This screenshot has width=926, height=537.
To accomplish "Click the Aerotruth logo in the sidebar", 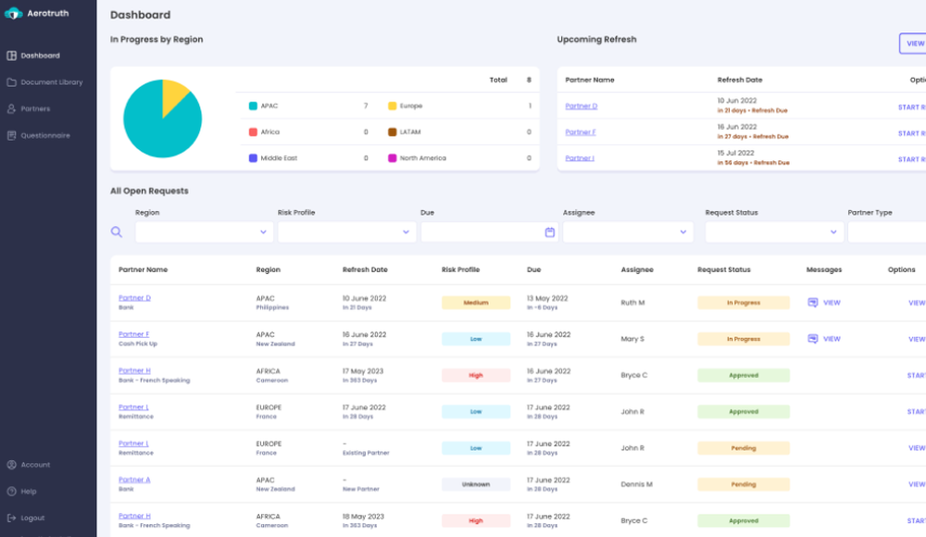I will pos(13,14).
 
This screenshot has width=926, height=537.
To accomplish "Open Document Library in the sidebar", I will pos(51,82).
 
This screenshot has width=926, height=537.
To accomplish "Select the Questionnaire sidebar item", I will pos(45,136).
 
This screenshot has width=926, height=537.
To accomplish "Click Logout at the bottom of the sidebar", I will pos(31,518).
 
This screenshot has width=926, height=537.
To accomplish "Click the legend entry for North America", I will pos(422,158).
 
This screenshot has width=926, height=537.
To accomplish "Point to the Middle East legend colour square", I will pos(253,158).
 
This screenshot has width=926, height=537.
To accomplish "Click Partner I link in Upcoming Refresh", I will pos(580,158).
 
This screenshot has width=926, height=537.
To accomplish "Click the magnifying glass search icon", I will pos(117,232).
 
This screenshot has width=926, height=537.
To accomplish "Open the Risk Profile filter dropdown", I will pos(345,232).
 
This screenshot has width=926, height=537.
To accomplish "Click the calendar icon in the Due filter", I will pos(549,232).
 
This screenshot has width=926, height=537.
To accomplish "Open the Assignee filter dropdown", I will pos(627,232).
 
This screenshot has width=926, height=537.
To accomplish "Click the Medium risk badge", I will pos(475,303).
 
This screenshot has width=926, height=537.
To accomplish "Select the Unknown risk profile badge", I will pos(475,484).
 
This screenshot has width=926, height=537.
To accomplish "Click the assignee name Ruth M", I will pos(633,303).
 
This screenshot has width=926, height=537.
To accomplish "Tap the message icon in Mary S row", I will pos(813,339).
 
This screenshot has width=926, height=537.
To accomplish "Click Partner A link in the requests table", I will pos(134,480).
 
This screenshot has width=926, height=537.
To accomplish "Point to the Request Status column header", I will pos(723,270).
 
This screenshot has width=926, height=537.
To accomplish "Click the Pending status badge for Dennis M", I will pos(743,484).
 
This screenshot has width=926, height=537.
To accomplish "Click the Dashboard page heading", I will pos(140,15).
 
